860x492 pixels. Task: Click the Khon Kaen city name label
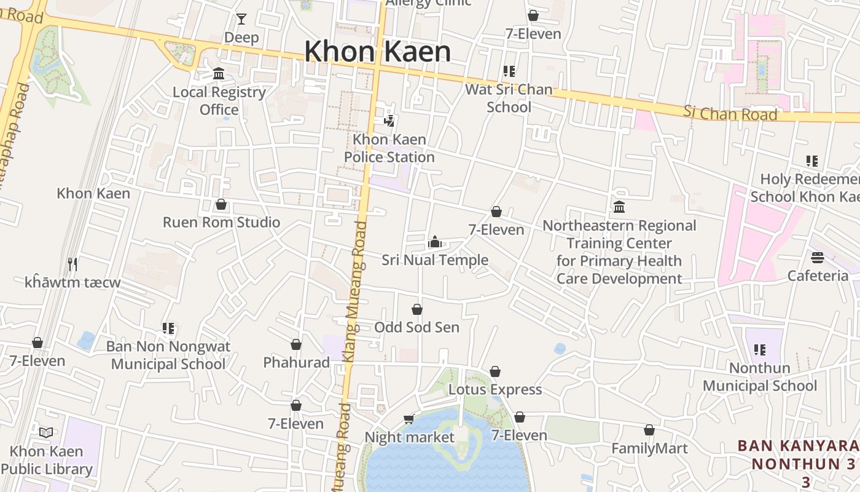click(x=377, y=51)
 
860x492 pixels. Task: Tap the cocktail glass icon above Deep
click(x=241, y=19)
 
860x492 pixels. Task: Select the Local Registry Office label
click(x=219, y=101)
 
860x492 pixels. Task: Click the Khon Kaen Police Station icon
click(x=389, y=121)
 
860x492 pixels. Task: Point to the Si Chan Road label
click(x=730, y=113)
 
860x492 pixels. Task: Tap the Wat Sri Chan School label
click(x=509, y=98)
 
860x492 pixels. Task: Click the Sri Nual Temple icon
click(x=435, y=242)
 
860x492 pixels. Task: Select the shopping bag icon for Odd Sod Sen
click(x=417, y=309)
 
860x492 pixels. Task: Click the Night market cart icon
click(x=408, y=419)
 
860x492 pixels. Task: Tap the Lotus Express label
click(x=495, y=389)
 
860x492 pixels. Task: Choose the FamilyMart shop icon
click(x=649, y=430)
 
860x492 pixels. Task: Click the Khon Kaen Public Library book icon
click(x=46, y=432)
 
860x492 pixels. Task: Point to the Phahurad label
click(x=297, y=362)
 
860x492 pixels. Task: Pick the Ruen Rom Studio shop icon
click(x=221, y=204)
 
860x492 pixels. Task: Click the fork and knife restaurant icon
click(x=72, y=264)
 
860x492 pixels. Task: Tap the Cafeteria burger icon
click(x=818, y=257)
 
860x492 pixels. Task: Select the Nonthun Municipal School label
click(x=760, y=377)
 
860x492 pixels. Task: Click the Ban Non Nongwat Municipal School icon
click(x=168, y=328)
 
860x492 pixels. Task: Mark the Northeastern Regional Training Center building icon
click(x=619, y=207)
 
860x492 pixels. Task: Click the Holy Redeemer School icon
click(x=812, y=161)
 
